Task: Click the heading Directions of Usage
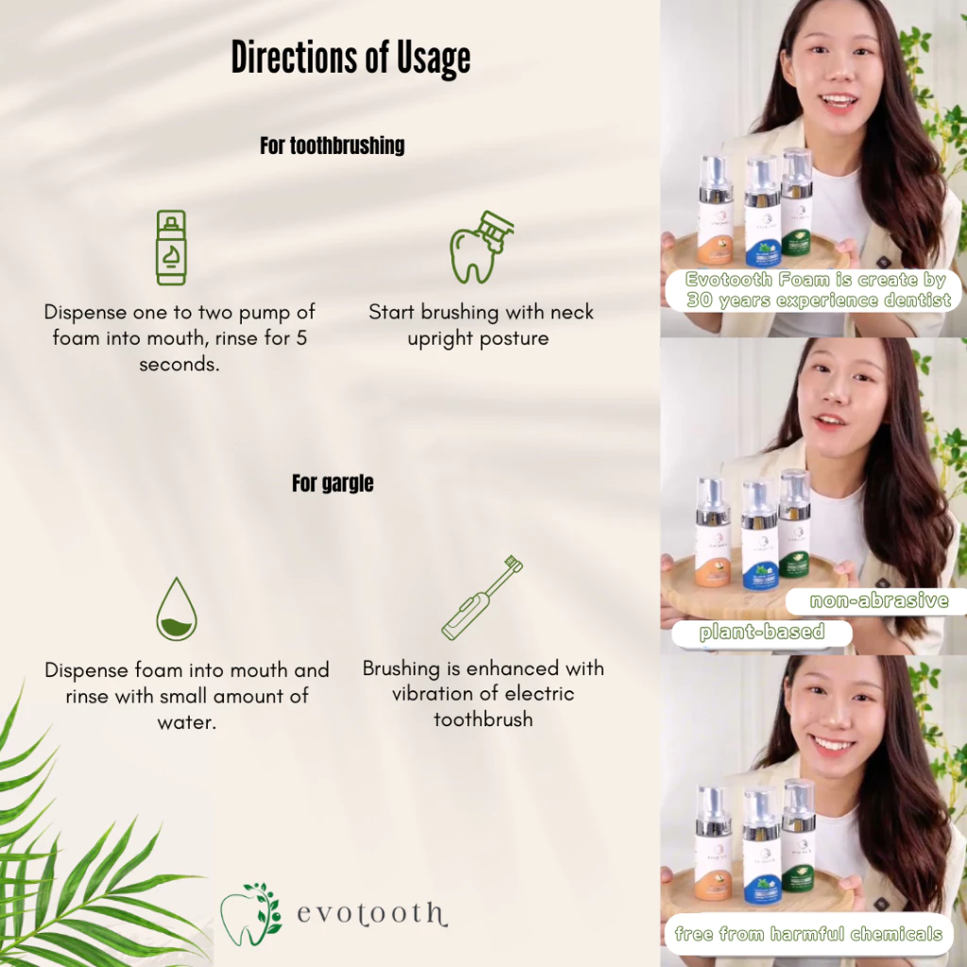350,59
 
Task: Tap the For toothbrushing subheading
332,145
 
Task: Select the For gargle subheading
332,483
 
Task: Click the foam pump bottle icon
171,247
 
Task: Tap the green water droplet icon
177,609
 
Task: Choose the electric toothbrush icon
483,597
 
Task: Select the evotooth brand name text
372,914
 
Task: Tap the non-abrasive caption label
879,600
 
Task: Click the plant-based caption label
762,632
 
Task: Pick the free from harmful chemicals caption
808,933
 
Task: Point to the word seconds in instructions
178,365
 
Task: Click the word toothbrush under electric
483,719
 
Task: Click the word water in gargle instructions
187,722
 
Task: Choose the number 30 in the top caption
700,300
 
